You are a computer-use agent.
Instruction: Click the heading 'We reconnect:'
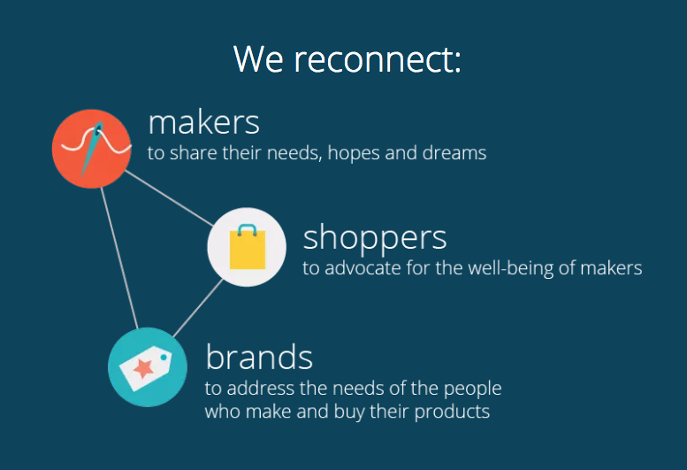347,59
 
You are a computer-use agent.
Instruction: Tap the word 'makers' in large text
203,122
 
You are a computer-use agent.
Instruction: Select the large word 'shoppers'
375,238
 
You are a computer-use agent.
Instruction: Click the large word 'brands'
259,357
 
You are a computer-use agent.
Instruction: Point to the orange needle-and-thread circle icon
92,149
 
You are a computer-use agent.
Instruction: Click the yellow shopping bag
248,250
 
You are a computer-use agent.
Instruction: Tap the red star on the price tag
144,368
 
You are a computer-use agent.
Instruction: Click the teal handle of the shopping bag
248,229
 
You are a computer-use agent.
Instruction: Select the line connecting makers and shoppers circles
169,198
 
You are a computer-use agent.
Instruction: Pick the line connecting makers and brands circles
119,258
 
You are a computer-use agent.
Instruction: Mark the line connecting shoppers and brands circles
197,308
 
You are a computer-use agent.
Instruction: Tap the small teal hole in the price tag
164,358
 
